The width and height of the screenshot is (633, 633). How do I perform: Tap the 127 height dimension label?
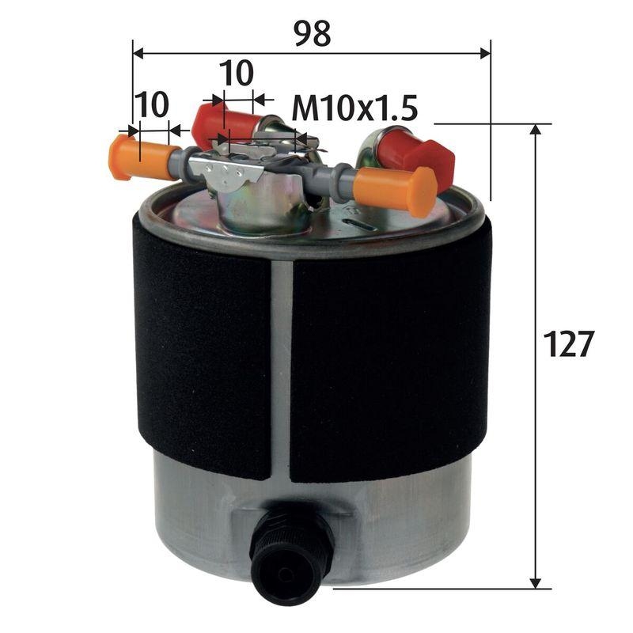point(568,344)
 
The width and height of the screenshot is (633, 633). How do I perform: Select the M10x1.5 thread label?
point(354,108)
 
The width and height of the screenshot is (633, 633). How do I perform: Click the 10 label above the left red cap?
point(236,73)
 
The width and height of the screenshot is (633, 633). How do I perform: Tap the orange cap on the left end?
point(123,157)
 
